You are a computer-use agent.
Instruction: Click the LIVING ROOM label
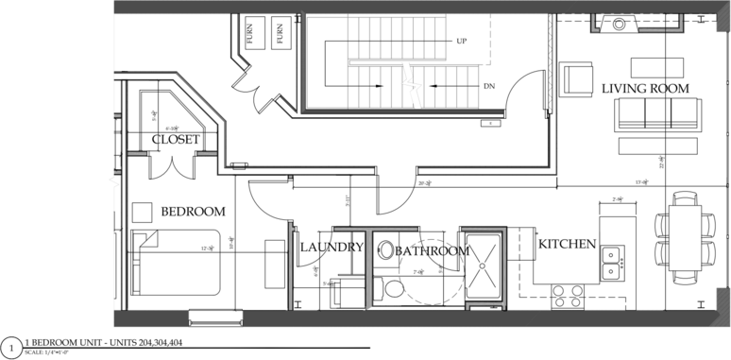point(645,88)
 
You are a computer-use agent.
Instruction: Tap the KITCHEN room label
point(567,244)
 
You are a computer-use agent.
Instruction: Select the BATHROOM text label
point(430,250)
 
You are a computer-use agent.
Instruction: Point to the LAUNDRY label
point(331,248)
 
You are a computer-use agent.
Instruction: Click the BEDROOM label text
point(193,211)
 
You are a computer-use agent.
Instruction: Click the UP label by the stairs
point(461,42)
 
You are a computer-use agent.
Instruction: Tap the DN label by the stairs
point(488,87)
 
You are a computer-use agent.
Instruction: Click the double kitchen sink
point(611,263)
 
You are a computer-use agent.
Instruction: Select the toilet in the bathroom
point(393,285)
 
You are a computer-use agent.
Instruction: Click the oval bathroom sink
point(386,250)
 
